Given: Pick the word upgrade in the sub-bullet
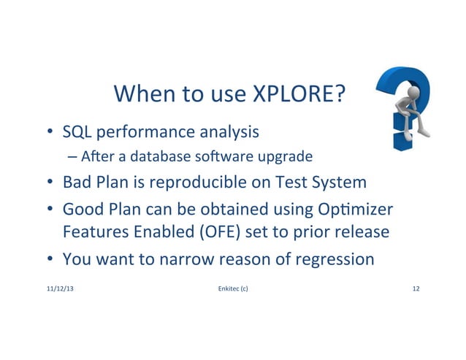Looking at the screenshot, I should (287, 156).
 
